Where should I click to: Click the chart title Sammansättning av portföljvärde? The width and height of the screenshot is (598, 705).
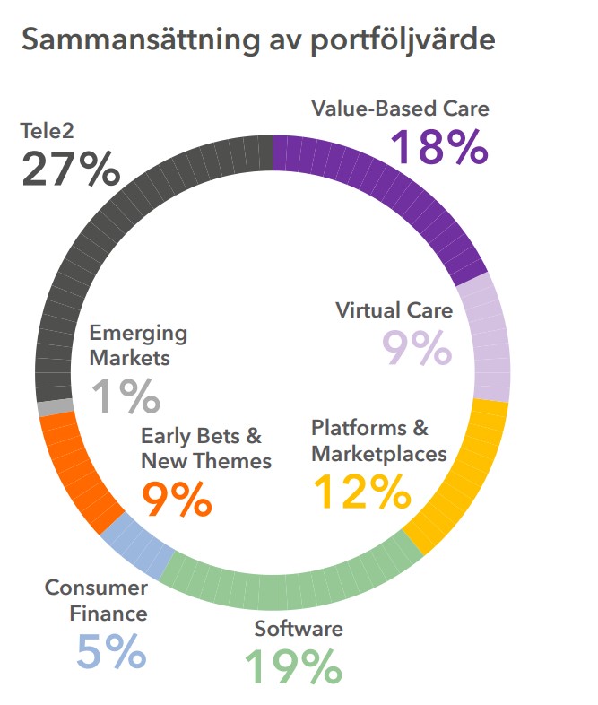(258, 40)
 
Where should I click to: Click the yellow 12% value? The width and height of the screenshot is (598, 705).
(360, 491)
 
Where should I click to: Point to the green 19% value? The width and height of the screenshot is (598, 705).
(293, 666)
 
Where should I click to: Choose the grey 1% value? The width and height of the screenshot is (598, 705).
(126, 396)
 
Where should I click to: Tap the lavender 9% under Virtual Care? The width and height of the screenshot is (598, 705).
(418, 349)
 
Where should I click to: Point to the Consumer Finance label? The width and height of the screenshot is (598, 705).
(97, 600)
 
